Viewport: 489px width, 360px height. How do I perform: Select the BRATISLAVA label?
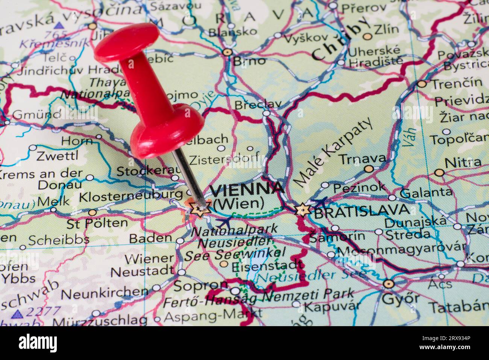click(x=361, y=211)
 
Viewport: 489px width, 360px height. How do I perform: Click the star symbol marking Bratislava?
click(x=302, y=210)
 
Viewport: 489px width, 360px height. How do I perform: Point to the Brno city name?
click(x=249, y=61)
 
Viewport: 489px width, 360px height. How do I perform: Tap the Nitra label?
click(x=463, y=163)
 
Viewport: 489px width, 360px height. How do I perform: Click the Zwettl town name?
click(x=58, y=155)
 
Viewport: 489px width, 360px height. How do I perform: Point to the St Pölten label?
click(x=97, y=223)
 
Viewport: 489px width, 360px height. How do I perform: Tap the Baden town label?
click(x=150, y=238)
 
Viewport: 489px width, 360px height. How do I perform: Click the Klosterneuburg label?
click(x=131, y=196)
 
